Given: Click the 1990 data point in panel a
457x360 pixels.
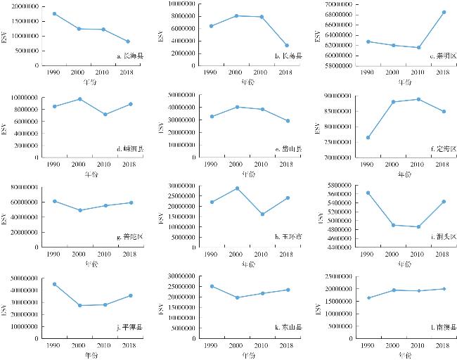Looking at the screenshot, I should pos(54,14).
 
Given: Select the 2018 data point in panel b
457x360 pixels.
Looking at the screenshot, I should pos(285,46).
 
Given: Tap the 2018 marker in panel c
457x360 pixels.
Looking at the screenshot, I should pos(444,12).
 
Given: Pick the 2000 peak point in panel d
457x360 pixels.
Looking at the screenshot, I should pos(80,99).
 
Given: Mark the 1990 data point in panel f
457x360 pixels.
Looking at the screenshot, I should pos(367,137).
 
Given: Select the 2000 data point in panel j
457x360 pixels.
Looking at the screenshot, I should pos(80,305).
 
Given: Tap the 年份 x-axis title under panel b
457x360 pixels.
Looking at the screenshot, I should pos(248,82).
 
